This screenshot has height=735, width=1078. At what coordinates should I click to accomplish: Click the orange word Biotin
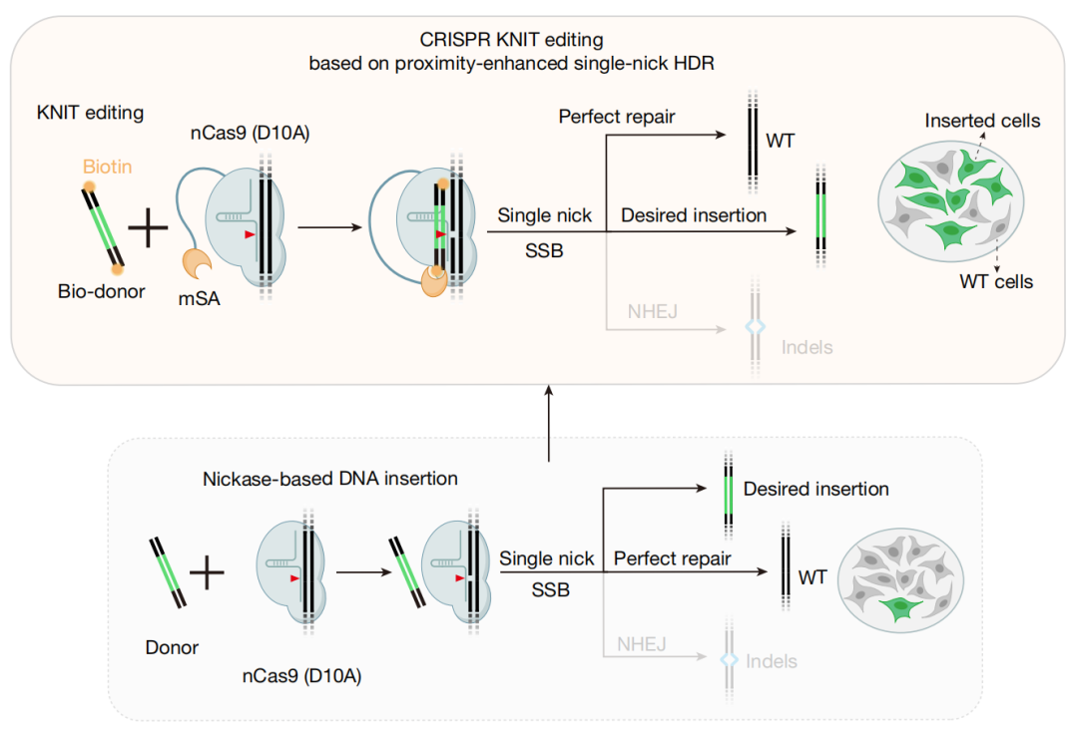point(107,167)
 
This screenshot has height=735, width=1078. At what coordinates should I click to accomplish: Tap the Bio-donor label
point(101,291)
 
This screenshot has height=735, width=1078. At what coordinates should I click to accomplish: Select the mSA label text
point(200,299)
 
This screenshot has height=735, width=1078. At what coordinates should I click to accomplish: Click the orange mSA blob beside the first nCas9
point(197,264)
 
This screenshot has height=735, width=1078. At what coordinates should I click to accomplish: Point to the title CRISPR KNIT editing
point(511,40)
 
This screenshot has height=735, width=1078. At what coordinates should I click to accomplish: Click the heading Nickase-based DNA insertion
point(330,479)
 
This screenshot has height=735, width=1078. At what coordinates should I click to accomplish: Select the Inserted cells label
point(982,121)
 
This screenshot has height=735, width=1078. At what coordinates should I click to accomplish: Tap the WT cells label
point(996,281)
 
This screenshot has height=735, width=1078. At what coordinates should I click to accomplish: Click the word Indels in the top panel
point(808,348)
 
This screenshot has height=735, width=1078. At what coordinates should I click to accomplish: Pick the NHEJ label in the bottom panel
point(642,644)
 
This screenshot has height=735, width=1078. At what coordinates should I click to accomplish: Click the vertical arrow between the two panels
point(549,423)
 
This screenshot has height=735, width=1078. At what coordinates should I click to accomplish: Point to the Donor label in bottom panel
point(172,648)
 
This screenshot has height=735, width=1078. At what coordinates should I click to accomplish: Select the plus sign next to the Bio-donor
point(148,226)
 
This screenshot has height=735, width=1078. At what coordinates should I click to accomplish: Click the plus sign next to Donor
point(207,572)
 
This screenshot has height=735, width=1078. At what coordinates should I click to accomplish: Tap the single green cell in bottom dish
point(899,607)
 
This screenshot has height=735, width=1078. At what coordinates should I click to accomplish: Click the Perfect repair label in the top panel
point(617,117)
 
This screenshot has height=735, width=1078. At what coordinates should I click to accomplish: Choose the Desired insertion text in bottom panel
point(816,489)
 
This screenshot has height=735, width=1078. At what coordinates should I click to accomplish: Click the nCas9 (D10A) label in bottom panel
point(301,676)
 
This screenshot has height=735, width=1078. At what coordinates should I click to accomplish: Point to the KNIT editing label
point(90,113)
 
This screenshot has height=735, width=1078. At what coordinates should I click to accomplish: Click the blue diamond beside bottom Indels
point(729,660)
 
